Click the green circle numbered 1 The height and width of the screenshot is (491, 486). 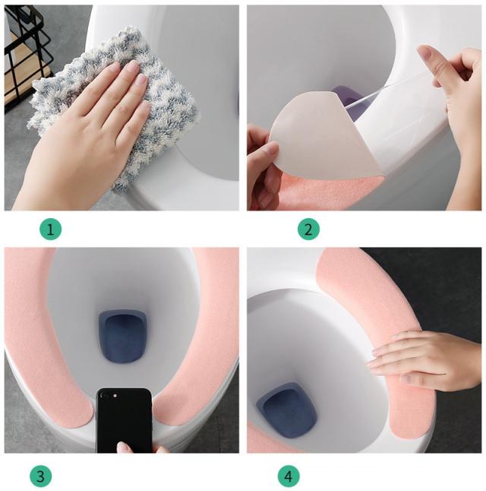[50, 230]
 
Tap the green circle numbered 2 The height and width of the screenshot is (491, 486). [308, 230]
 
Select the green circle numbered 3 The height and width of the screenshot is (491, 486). [41, 477]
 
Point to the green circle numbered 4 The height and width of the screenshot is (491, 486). [289, 477]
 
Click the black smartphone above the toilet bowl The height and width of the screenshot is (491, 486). [125, 420]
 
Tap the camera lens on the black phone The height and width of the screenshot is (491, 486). [115, 396]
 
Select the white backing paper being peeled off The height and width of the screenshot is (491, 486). [326, 138]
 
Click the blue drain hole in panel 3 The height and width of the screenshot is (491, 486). [123, 336]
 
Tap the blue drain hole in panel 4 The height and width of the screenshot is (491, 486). [286, 410]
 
